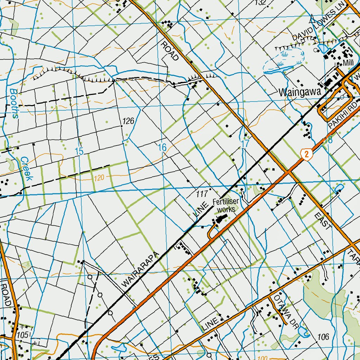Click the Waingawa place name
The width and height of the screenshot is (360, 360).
300,92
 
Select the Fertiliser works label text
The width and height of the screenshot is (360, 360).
225,206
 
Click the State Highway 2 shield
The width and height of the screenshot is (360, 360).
307,154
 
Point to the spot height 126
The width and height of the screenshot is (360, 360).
128,121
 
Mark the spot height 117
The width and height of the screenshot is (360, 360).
202,194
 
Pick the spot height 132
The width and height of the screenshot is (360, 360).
260,3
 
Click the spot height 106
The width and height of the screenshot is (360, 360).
323,337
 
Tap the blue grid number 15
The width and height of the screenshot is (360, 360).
79,152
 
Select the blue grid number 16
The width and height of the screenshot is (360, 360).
162,148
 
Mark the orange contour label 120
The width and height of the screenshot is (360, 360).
99,179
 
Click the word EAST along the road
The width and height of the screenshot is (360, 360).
322,221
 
